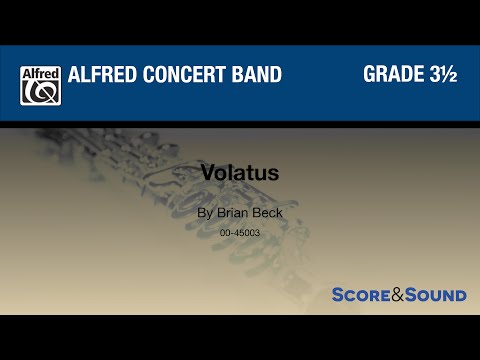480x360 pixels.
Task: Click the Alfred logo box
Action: (x=40, y=85)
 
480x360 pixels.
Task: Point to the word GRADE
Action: (x=392, y=77)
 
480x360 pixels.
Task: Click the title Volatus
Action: (x=240, y=172)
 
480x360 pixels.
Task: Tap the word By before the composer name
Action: (x=205, y=213)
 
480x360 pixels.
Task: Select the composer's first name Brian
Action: (x=232, y=213)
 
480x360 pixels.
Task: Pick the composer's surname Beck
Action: (x=267, y=213)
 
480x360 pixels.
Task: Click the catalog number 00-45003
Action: (x=240, y=232)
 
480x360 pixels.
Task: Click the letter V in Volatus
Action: (x=208, y=172)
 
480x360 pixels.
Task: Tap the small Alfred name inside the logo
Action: (x=40, y=73)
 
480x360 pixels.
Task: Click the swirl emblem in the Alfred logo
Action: (x=40, y=92)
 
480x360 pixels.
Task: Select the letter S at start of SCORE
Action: (x=338, y=295)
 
